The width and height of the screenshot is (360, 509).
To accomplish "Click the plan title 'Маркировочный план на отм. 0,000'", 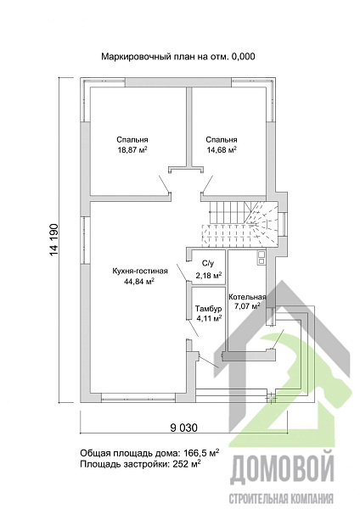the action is coord(178,57).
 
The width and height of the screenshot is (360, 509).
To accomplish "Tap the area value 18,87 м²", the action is coord(132,149).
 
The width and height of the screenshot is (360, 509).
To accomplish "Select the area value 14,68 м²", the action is coord(222,149).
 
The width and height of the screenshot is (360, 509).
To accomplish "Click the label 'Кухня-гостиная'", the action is coord(140,271).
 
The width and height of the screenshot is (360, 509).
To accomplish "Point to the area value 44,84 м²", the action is coord(139,281).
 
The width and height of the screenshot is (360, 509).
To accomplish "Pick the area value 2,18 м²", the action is coord(209,276).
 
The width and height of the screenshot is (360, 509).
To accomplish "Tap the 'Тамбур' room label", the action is coord(208,309).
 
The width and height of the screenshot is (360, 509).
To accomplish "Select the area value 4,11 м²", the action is coord(209,318).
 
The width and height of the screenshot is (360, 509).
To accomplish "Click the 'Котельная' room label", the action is coord(247,297).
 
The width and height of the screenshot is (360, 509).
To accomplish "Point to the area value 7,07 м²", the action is coord(247,305).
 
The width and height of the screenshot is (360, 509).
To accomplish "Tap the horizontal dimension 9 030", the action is coord(183,428).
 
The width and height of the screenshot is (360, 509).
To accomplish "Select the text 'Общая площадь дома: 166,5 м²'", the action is coord(149,453).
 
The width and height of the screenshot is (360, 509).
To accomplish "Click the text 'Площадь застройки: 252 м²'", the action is coord(140,464).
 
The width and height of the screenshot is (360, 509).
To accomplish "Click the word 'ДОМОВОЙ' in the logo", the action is coord(282,468).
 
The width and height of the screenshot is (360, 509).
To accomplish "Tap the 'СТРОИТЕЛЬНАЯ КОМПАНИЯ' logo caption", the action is coord(281,498).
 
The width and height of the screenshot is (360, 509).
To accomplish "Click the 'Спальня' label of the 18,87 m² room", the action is coord(132,140).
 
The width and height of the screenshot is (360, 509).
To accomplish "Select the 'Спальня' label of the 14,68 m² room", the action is coord(222,140).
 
